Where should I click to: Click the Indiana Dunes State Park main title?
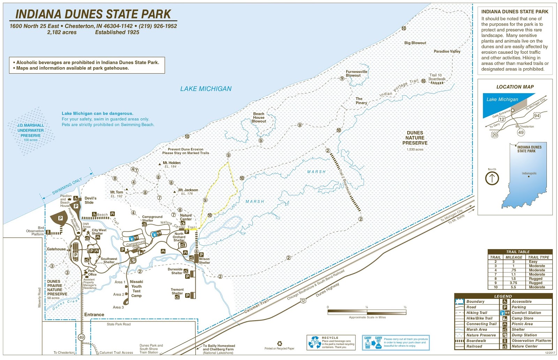click(x=93, y=14)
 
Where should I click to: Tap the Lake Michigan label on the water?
click(x=206, y=89)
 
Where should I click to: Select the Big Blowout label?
click(x=415, y=43)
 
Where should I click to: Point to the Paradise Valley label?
click(x=447, y=51)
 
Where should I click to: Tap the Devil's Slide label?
click(x=90, y=200)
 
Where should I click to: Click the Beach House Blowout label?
click(x=259, y=118)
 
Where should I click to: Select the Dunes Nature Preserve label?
click(x=415, y=138)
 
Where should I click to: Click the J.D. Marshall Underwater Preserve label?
click(x=31, y=130)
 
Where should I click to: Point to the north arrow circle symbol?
click(x=492, y=178)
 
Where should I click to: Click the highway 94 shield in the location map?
click(x=537, y=115)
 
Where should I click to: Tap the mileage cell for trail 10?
click(x=513, y=287)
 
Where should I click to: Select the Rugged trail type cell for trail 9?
click(x=535, y=283)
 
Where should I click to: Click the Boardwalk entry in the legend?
click(x=476, y=341)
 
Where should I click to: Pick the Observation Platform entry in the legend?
click(x=531, y=341)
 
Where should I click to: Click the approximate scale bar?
click(x=367, y=312)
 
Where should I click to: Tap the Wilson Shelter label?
click(x=204, y=261)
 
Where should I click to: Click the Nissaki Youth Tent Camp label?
click(x=136, y=288)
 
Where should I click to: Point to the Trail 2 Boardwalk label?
click(x=346, y=183)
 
